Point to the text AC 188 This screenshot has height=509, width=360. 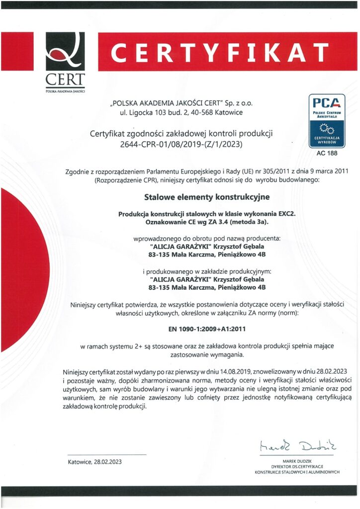327,153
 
